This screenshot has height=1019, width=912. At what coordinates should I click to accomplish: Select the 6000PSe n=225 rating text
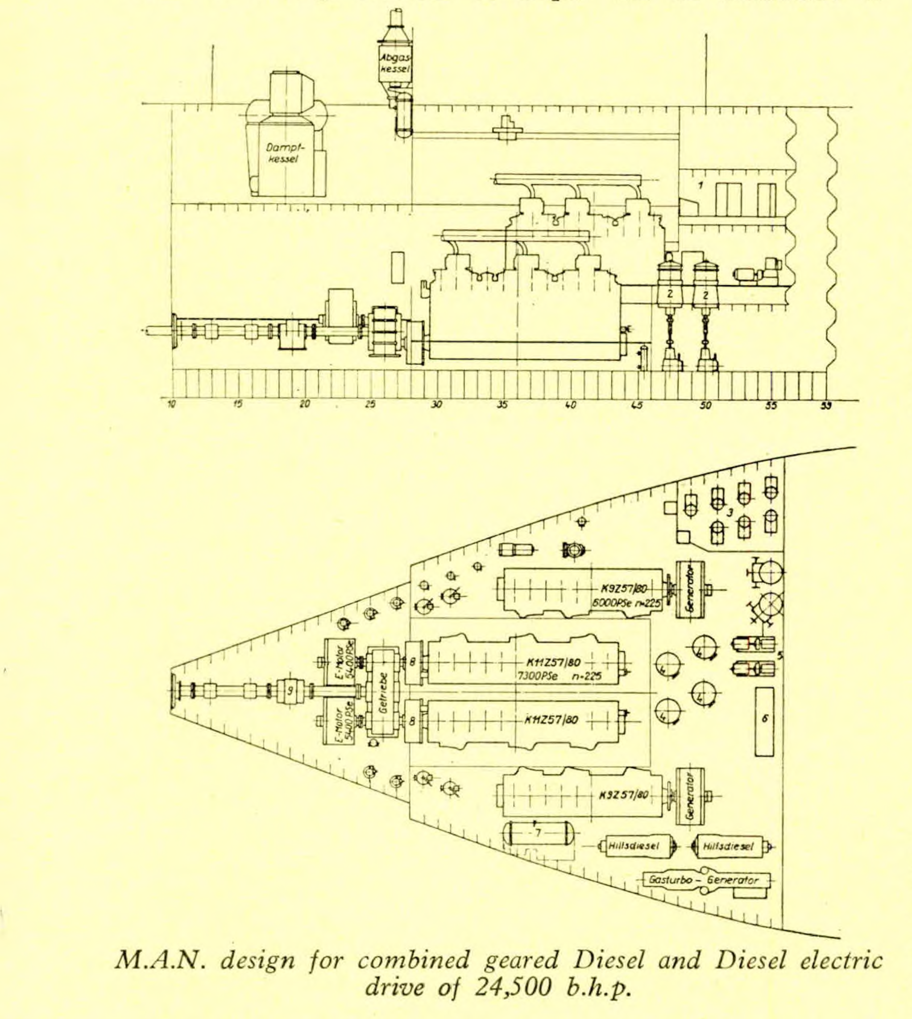pos(626,604)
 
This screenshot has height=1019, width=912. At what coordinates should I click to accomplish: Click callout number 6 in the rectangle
pos(765,718)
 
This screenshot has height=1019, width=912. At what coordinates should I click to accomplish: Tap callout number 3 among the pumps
pos(730,513)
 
